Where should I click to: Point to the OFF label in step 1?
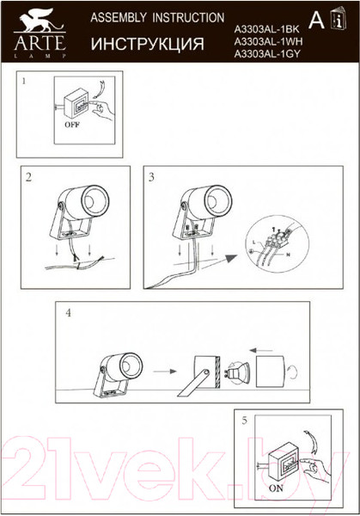[72, 123]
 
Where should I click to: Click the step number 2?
[29, 178]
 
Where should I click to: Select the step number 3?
[151, 178]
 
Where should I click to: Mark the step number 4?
[67, 315]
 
